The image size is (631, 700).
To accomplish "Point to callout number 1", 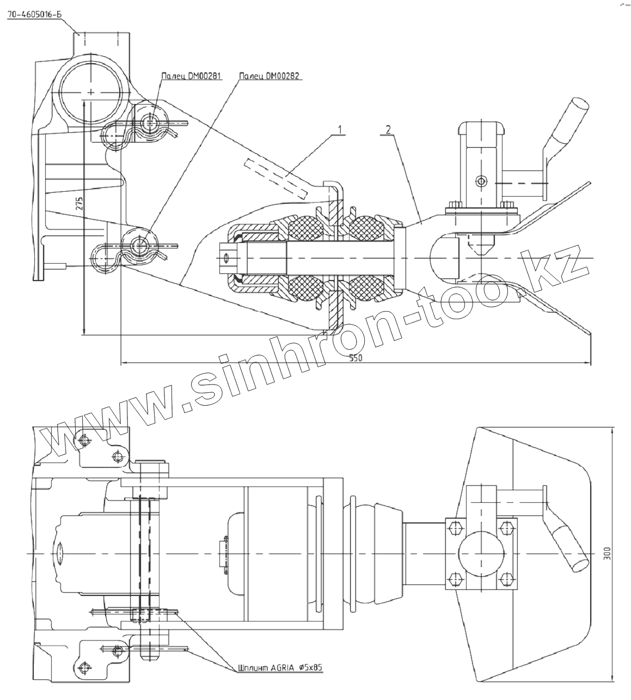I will (340, 130).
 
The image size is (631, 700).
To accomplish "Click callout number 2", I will (387, 130).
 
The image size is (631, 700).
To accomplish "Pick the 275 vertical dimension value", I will (79, 204).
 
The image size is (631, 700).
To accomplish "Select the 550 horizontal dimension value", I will (355, 358).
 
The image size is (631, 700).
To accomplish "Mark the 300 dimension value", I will (608, 553).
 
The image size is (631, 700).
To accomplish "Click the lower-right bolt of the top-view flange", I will (507, 579).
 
